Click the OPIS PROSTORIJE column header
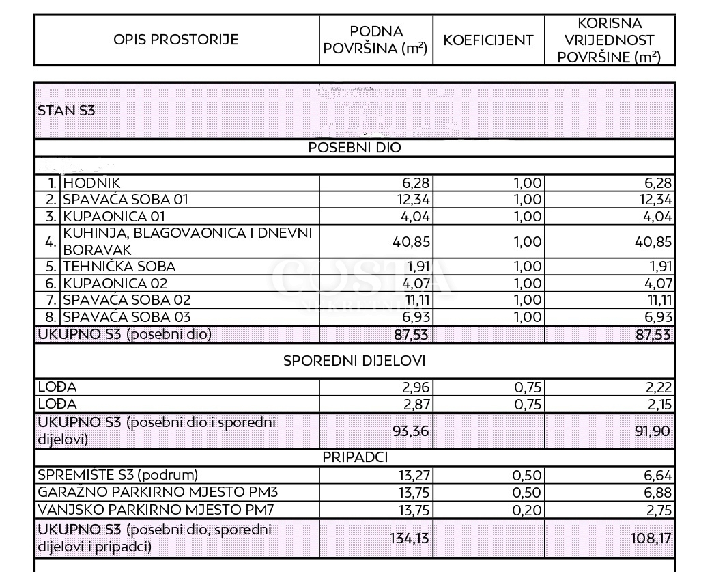click(x=176, y=40)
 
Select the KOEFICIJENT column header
click(x=488, y=40)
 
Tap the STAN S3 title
click(x=66, y=111)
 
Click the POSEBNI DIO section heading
click(x=355, y=148)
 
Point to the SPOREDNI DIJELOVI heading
click(x=355, y=360)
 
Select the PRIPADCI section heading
click(x=355, y=457)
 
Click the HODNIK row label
click(x=91, y=183)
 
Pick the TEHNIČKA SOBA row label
click(x=119, y=267)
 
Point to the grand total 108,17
click(x=652, y=539)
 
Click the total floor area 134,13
click(x=410, y=539)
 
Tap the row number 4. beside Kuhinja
click(x=50, y=242)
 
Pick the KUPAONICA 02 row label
click(x=115, y=283)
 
